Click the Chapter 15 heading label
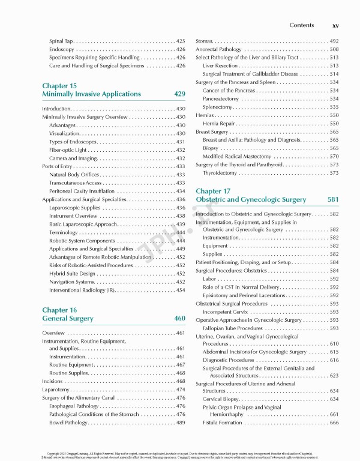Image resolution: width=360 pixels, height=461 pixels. pos(59,86)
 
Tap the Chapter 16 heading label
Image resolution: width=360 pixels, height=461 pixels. pos(59,310)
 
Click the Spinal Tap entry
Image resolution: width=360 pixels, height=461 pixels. pos(62,41)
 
